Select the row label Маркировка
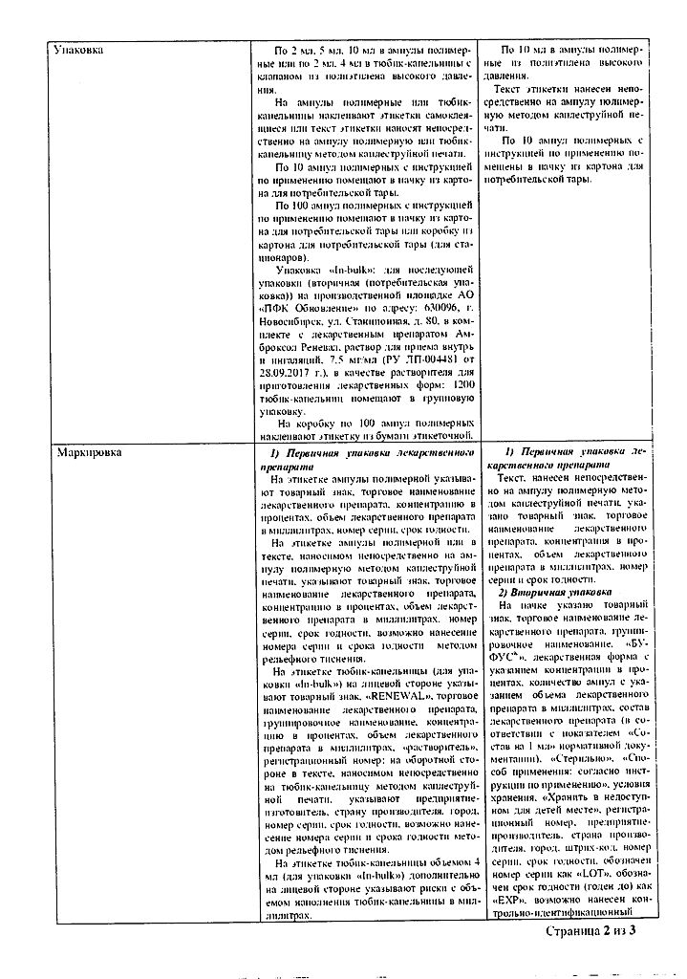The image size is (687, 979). pos(87,452)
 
